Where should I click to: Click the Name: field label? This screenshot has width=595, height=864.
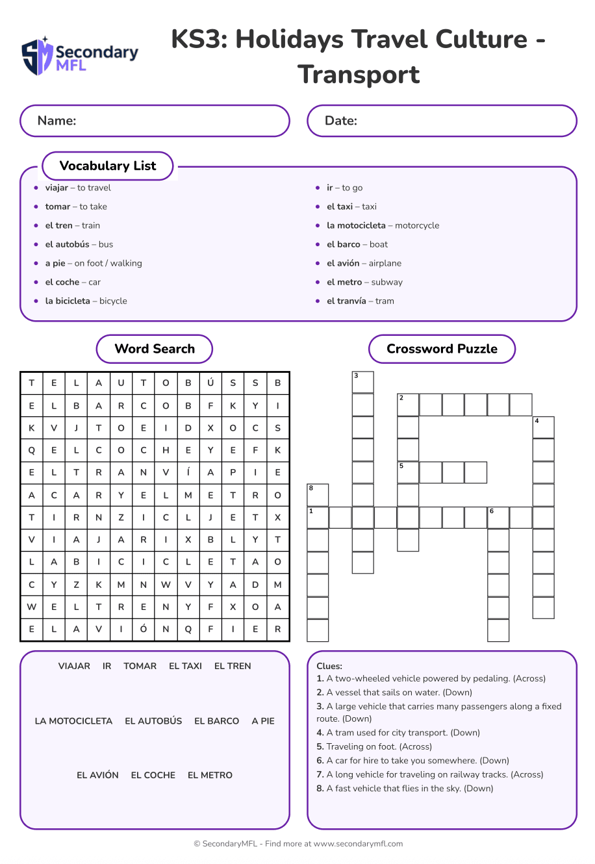pyautogui.click(x=57, y=121)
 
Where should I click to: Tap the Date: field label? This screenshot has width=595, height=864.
pyautogui.click(x=341, y=121)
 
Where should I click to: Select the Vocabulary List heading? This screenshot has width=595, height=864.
pyautogui.click(x=108, y=166)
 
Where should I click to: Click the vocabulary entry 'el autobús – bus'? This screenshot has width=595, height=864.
pyautogui.click(x=79, y=244)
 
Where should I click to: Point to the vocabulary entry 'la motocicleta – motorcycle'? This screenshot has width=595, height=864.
pyautogui.click(x=383, y=225)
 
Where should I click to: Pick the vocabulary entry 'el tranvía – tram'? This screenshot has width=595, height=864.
pyautogui.click(x=361, y=301)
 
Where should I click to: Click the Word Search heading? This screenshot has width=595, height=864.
pyautogui.click(x=155, y=349)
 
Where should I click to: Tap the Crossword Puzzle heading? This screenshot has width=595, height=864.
pyautogui.click(x=442, y=349)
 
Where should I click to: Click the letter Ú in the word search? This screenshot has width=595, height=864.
pyautogui.click(x=210, y=383)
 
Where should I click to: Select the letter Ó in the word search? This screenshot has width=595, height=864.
pyautogui.click(x=144, y=629)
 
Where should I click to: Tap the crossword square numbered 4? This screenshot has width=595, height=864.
pyautogui.click(x=543, y=427)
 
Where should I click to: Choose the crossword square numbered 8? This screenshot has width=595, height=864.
pyautogui.click(x=318, y=495)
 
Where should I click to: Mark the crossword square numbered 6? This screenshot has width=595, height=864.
pyautogui.click(x=498, y=518)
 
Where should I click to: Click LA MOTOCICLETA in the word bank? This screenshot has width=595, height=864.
pyautogui.click(x=73, y=721)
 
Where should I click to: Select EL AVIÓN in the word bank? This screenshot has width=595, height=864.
pyautogui.click(x=97, y=775)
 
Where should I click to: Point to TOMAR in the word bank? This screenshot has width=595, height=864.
pyautogui.click(x=140, y=666)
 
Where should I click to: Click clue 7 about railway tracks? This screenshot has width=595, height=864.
pyautogui.click(x=430, y=774)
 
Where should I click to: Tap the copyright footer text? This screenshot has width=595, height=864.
pyautogui.click(x=298, y=844)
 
